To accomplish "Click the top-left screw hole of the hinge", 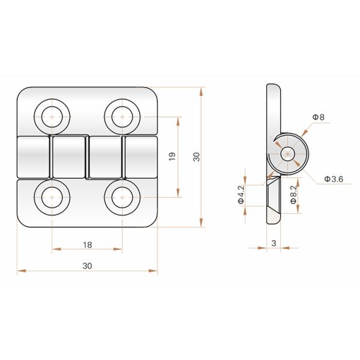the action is [x=52, y=116].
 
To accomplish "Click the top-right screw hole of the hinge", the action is [x=122, y=116].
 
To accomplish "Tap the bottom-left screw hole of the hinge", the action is [x=52, y=197].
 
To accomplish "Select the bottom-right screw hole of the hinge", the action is [x=122, y=197].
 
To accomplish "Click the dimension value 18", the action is [x=88, y=245].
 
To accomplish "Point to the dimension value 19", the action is [x=172, y=157].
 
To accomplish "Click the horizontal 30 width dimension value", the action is [x=87, y=266].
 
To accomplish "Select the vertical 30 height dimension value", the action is [x=196, y=157].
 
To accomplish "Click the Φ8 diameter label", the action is [x=319, y=117].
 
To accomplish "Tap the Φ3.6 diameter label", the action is [x=334, y=179].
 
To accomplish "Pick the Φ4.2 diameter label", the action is [x=241, y=194].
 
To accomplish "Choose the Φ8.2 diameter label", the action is [x=293, y=194].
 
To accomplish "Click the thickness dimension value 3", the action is [x=274, y=243].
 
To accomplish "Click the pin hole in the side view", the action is [x=287, y=154].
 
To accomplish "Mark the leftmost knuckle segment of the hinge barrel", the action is [x=33, y=157].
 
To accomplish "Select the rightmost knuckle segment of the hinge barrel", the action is [x=141, y=157].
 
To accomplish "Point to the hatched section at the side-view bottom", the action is [x=273, y=217].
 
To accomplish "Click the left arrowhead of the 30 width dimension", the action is [x=22, y=271].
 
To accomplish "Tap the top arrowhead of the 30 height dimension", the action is [x=201, y=92].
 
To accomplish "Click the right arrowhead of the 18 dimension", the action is [x=118, y=249].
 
